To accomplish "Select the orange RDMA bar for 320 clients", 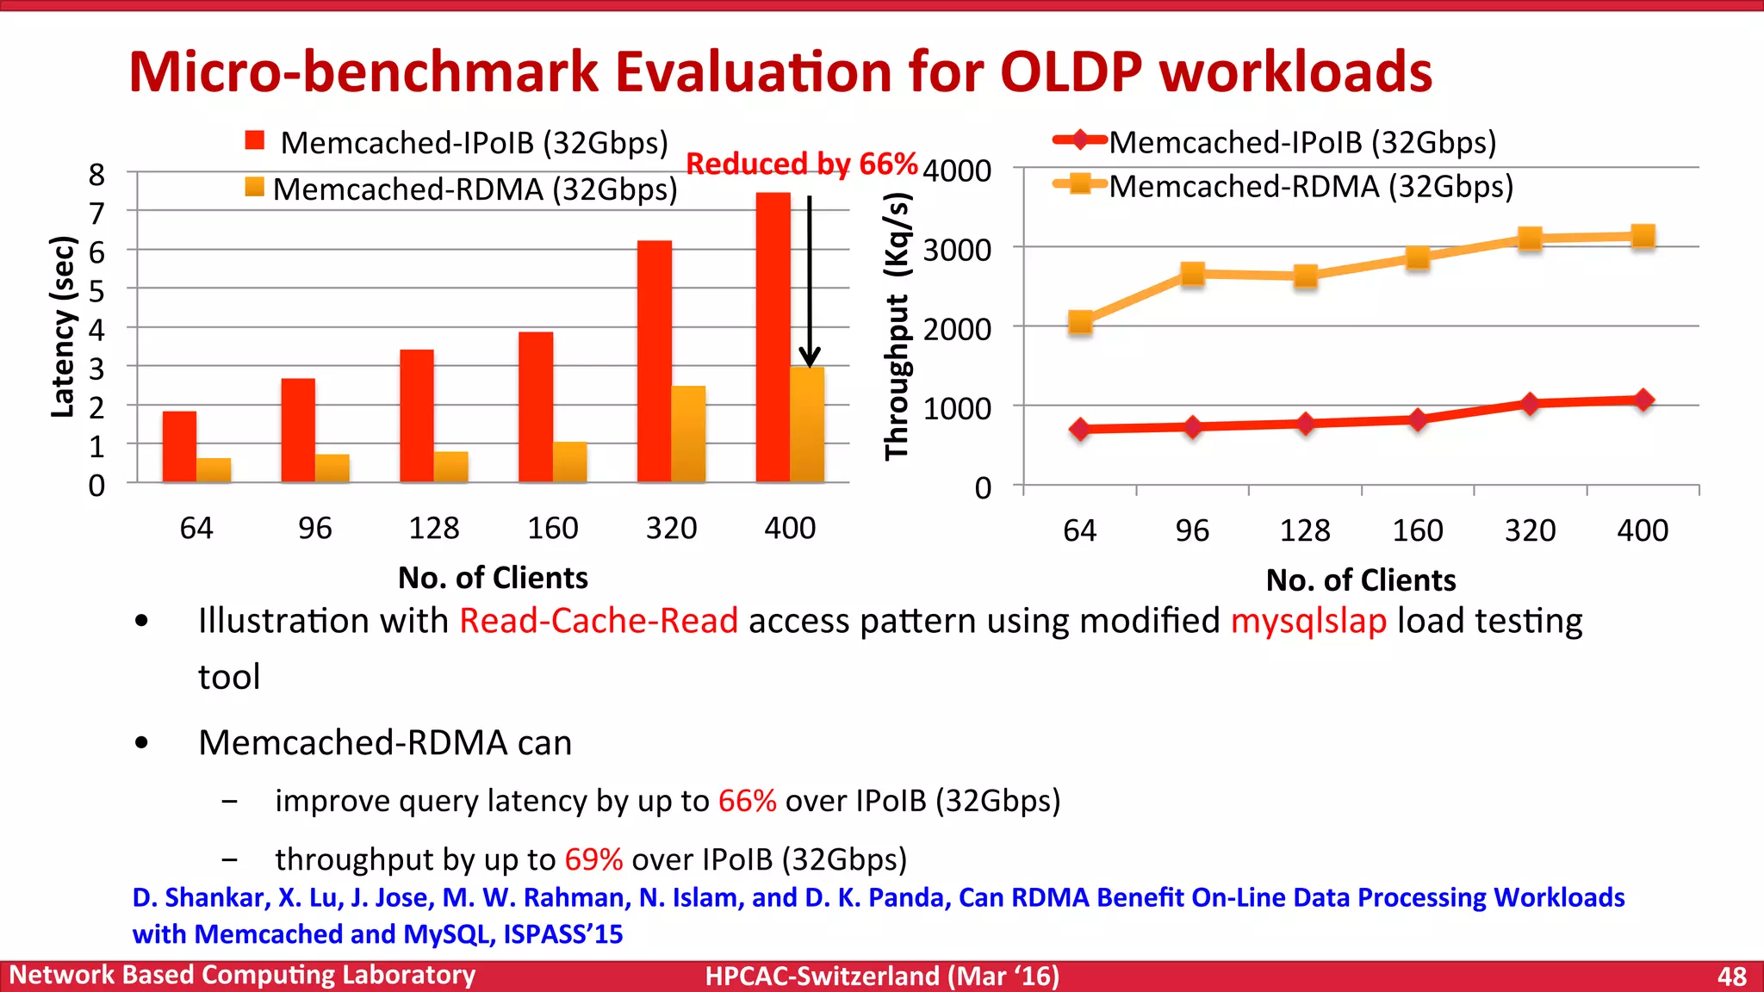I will [x=688, y=434].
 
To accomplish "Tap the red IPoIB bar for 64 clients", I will [x=179, y=447].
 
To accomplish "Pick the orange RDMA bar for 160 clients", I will [x=569, y=462].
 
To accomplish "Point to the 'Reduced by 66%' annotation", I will [x=801, y=163].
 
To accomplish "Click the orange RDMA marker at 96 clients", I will [x=1192, y=274].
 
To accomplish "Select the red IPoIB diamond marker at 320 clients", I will [x=1530, y=404].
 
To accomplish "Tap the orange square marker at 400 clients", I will [x=1643, y=236].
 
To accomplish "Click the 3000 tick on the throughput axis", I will [x=957, y=251].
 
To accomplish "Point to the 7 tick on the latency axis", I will [x=96, y=213].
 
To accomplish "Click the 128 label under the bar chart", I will [x=433, y=528].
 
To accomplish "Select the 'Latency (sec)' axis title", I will [x=62, y=327].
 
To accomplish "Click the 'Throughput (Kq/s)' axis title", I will [x=898, y=327].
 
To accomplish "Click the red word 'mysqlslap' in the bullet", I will [x=1307, y=621].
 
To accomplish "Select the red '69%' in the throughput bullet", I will [x=593, y=859].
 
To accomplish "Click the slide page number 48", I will [x=1731, y=976].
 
